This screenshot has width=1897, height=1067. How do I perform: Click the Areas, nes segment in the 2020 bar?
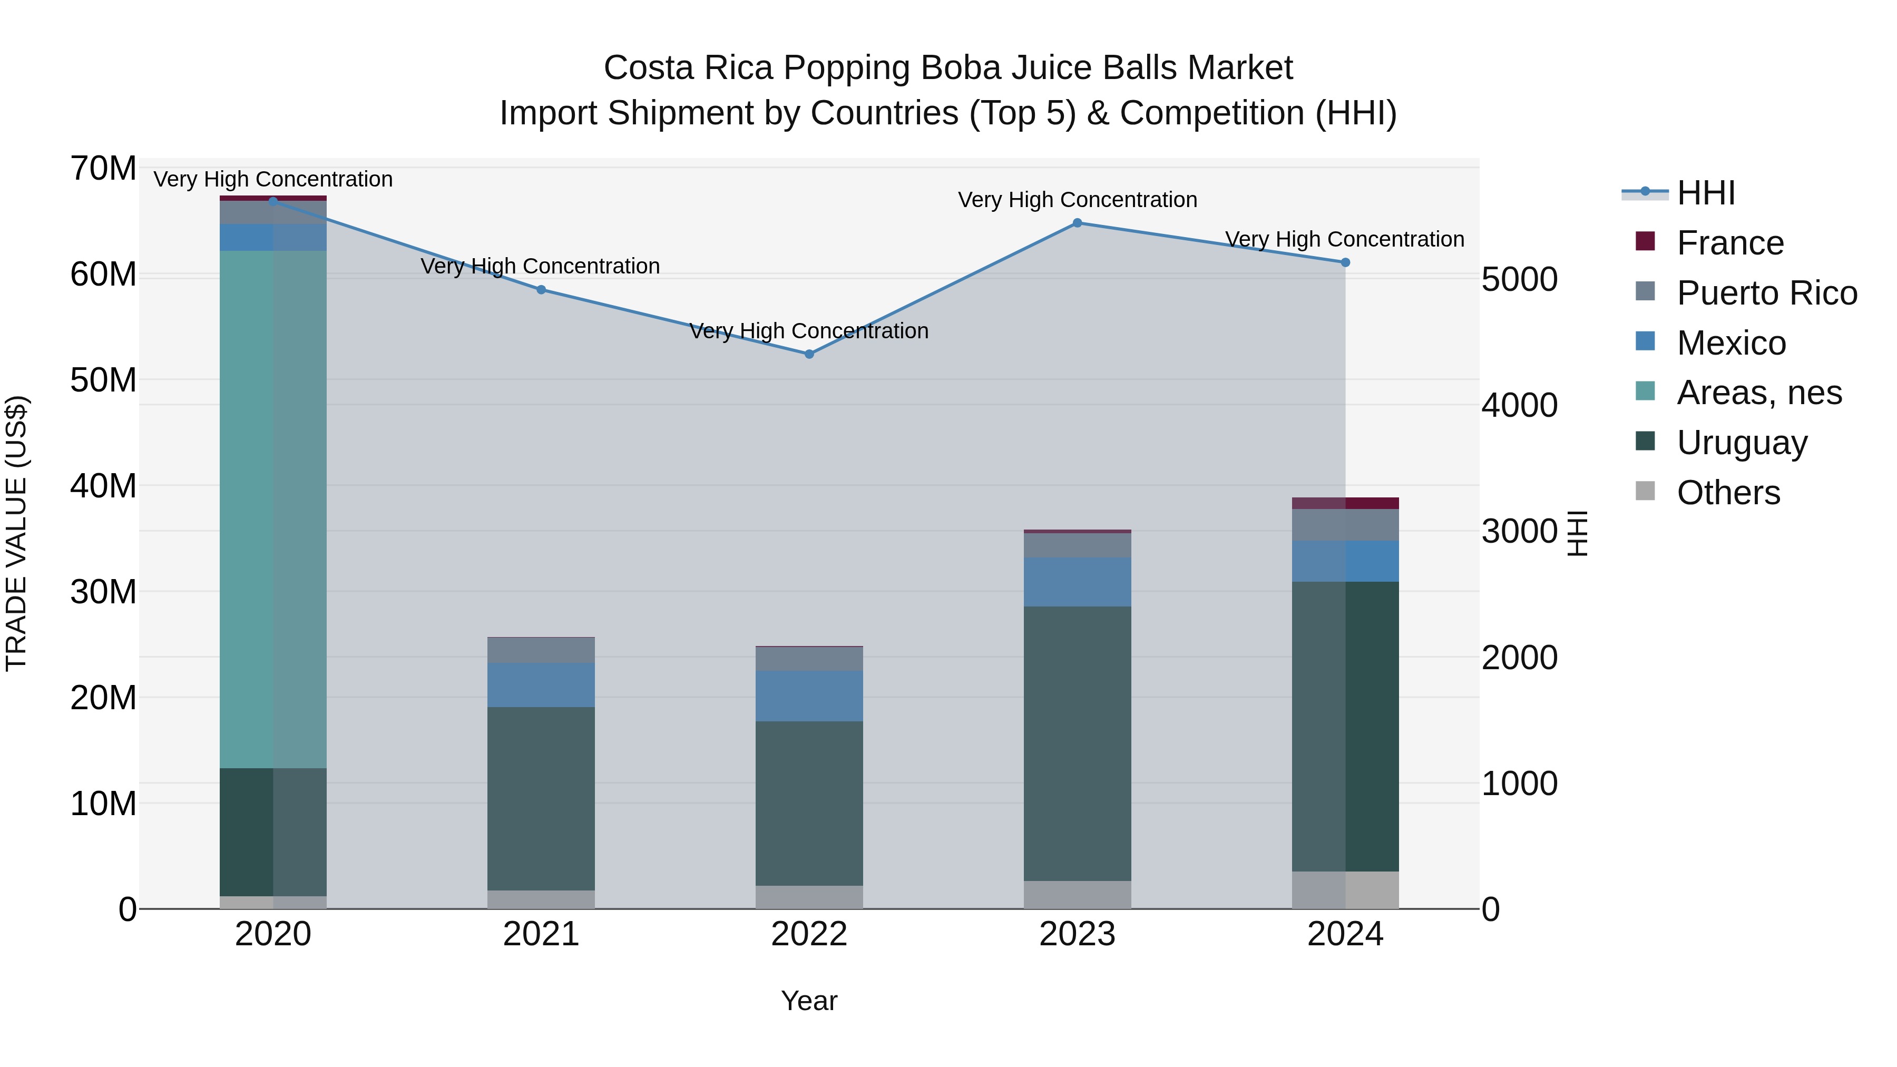point(273,508)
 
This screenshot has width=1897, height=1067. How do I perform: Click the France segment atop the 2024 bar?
point(1345,504)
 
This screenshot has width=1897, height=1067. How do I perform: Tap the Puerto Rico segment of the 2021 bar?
point(541,650)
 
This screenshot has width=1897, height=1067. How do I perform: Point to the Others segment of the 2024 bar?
point(1345,890)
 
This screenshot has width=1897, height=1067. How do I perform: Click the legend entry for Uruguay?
point(1742,443)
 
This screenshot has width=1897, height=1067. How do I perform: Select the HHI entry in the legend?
point(1706,193)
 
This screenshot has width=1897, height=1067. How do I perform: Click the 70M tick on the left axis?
point(103,169)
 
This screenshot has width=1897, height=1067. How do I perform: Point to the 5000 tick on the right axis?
point(1519,280)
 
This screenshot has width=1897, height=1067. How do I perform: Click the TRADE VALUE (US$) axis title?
point(16,533)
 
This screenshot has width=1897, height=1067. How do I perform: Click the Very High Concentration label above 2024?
point(1345,239)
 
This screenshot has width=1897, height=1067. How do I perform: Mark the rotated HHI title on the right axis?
point(1577,533)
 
